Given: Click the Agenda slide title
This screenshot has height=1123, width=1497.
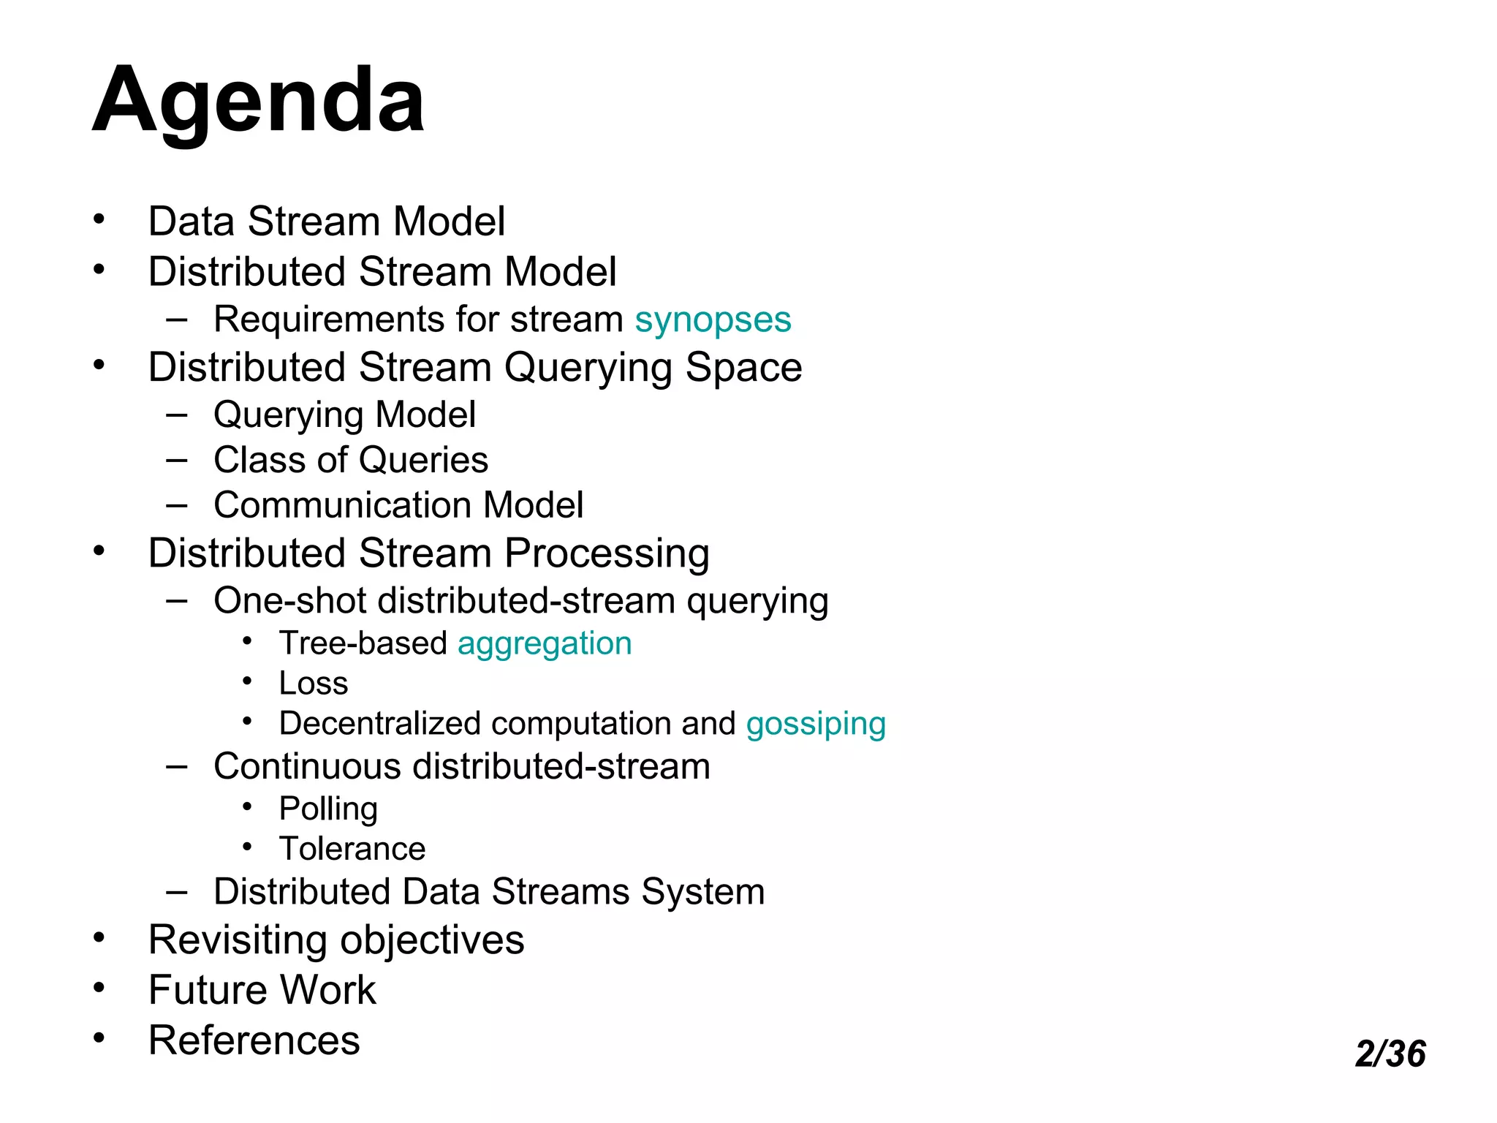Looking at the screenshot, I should [x=258, y=100].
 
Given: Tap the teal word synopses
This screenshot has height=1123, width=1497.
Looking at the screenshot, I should [x=713, y=319].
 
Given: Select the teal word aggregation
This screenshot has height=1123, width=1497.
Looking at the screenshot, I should [x=545, y=643].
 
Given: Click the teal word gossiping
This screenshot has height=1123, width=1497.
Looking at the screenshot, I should [x=816, y=724].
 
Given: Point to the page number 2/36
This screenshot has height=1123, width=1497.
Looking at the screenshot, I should [x=1390, y=1054].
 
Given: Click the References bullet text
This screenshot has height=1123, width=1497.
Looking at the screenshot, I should [x=254, y=1040].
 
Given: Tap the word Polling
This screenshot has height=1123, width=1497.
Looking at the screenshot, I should [x=328, y=809].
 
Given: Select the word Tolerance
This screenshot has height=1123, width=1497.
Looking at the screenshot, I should [x=352, y=849].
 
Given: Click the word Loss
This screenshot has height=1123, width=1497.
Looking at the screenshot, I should [x=314, y=683].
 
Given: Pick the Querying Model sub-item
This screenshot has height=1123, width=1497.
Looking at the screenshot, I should [x=344, y=415].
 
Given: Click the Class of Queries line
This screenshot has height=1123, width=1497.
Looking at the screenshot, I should [x=351, y=460].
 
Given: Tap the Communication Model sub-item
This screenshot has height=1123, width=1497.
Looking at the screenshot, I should [x=398, y=505].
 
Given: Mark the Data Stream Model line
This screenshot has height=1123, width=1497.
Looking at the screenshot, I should [x=326, y=221].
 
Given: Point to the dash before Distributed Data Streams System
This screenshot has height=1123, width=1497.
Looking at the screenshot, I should [x=176, y=891].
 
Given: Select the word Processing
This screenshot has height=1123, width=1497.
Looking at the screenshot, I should [x=607, y=553].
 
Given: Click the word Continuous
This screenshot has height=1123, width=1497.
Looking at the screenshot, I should [x=307, y=766].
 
